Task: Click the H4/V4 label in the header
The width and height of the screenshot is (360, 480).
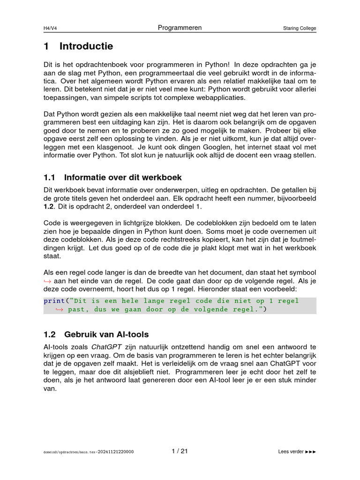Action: click(50, 28)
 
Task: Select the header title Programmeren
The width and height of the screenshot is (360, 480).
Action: click(180, 28)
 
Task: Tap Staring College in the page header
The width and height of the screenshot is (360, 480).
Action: click(299, 28)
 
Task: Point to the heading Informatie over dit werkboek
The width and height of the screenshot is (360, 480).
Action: click(123, 178)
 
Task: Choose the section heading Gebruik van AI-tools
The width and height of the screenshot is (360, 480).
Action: click(106, 334)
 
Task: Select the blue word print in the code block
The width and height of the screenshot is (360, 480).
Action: click(54, 301)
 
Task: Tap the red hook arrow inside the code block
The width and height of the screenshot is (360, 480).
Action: click(60, 309)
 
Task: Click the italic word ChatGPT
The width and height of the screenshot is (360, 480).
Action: click(105, 347)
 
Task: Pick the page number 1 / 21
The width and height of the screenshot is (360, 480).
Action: click(180, 451)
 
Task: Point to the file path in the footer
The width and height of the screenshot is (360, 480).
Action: click(88, 452)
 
